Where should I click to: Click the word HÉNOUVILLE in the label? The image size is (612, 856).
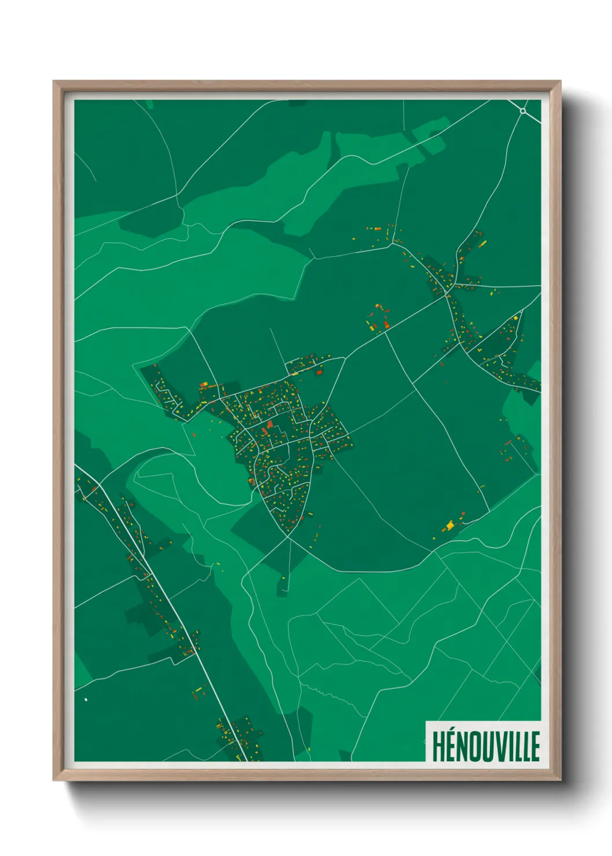tap(485, 746)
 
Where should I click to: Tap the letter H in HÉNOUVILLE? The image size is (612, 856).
tap(437, 747)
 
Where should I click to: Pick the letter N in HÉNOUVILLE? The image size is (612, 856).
tap(463, 747)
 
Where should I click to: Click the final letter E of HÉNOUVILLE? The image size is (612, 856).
tap(535, 747)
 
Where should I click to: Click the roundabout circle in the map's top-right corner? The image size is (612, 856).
tap(523, 110)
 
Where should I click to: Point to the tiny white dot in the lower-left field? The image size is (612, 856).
tap(86, 699)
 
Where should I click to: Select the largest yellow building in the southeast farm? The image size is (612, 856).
tap(450, 525)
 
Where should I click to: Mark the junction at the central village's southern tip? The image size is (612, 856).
tap(288, 536)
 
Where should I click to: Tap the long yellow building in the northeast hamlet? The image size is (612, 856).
tap(482, 243)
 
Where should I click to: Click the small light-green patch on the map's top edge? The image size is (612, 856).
tap(149, 104)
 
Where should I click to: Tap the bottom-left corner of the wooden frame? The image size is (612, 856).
tap(54, 780)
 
